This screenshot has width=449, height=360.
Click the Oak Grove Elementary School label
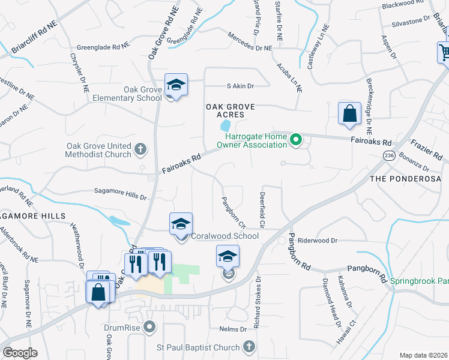pyautogui.click(x=134, y=94)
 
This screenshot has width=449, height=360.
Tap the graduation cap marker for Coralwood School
pyautogui.click(x=181, y=224)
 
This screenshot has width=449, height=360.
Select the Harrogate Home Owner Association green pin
pyautogui.click(x=295, y=140)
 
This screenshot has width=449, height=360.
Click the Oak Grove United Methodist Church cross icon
pyautogui.click(x=140, y=148)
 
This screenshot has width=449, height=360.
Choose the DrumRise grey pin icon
pyautogui.click(x=149, y=328)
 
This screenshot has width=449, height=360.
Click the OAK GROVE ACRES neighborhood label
pyautogui.click(x=231, y=110)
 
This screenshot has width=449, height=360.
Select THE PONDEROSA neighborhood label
pyautogui.click(x=408, y=179)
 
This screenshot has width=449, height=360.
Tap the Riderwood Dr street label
pyautogui.click(x=318, y=240)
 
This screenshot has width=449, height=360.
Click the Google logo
pyautogui.click(x=20, y=352)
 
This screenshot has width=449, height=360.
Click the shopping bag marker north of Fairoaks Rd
pyautogui.click(x=349, y=113)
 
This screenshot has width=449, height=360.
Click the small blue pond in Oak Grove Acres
pyautogui.click(x=226, y=126)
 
